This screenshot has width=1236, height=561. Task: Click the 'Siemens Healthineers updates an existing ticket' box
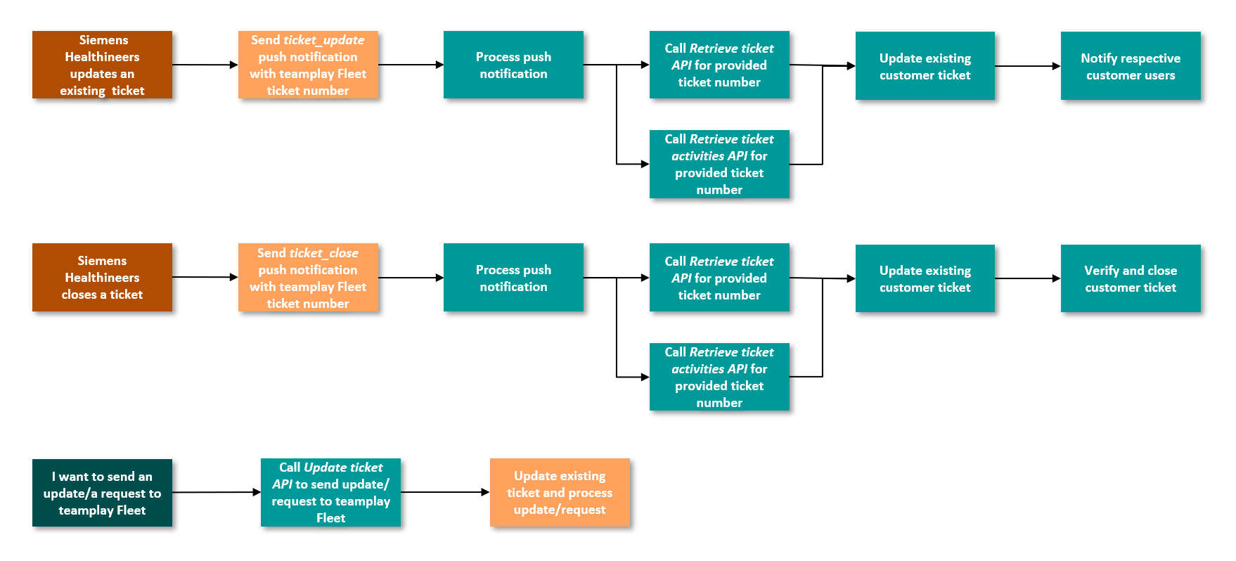(x=102, y=65)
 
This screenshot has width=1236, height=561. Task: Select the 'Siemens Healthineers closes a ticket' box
(x=102, y=277)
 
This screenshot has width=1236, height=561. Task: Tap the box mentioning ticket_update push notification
(x=308, y=65)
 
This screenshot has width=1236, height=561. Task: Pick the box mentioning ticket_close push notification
(x=308, y=278)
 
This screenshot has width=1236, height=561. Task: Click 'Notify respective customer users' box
(x=1130, y=66)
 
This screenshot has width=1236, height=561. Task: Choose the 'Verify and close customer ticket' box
(x=1130, y=278)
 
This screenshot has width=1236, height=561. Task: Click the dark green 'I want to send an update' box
(x=102, y=493)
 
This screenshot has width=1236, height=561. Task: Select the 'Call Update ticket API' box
(x=330, y=492)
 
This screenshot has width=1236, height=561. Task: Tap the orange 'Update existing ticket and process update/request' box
(x=560, y=492)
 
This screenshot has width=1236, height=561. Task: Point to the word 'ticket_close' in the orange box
(x=323, y=253)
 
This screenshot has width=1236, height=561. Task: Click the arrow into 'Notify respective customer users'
(x=1028, y=66)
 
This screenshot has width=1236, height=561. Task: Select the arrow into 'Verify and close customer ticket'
(x=1028, y=278)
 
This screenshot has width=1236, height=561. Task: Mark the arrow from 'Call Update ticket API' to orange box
(x=445, y=492)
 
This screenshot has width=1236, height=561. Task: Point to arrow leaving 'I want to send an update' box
(x=217, y=492)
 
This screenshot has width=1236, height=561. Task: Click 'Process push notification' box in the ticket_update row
(x=513, y=65)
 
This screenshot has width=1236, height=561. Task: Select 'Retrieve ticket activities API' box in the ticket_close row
(x=719, y=377)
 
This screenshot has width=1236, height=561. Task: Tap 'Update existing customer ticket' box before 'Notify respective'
(x=925, y=66)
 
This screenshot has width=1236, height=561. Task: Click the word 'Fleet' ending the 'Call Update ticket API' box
(x=330, y=518)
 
